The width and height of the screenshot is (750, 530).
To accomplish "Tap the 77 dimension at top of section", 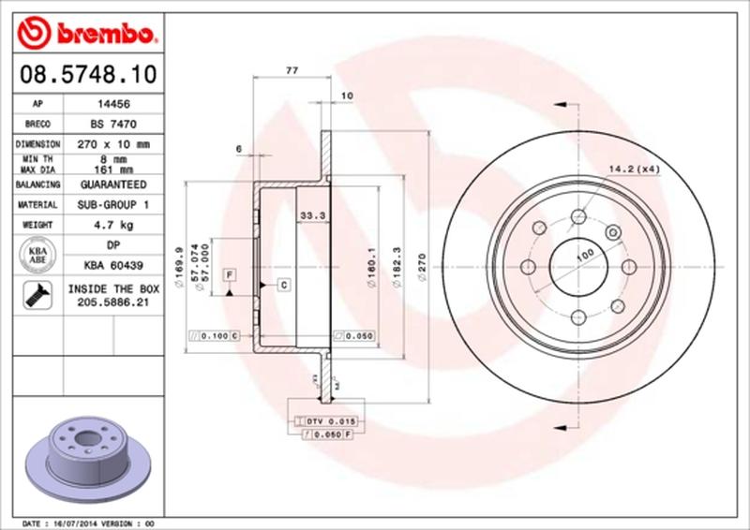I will (291, 72).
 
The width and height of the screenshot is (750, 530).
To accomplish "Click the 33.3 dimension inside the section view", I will (310, 216).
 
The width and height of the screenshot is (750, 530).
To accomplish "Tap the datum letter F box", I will (228, 273).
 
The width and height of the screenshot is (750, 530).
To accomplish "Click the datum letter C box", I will (282, 284).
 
